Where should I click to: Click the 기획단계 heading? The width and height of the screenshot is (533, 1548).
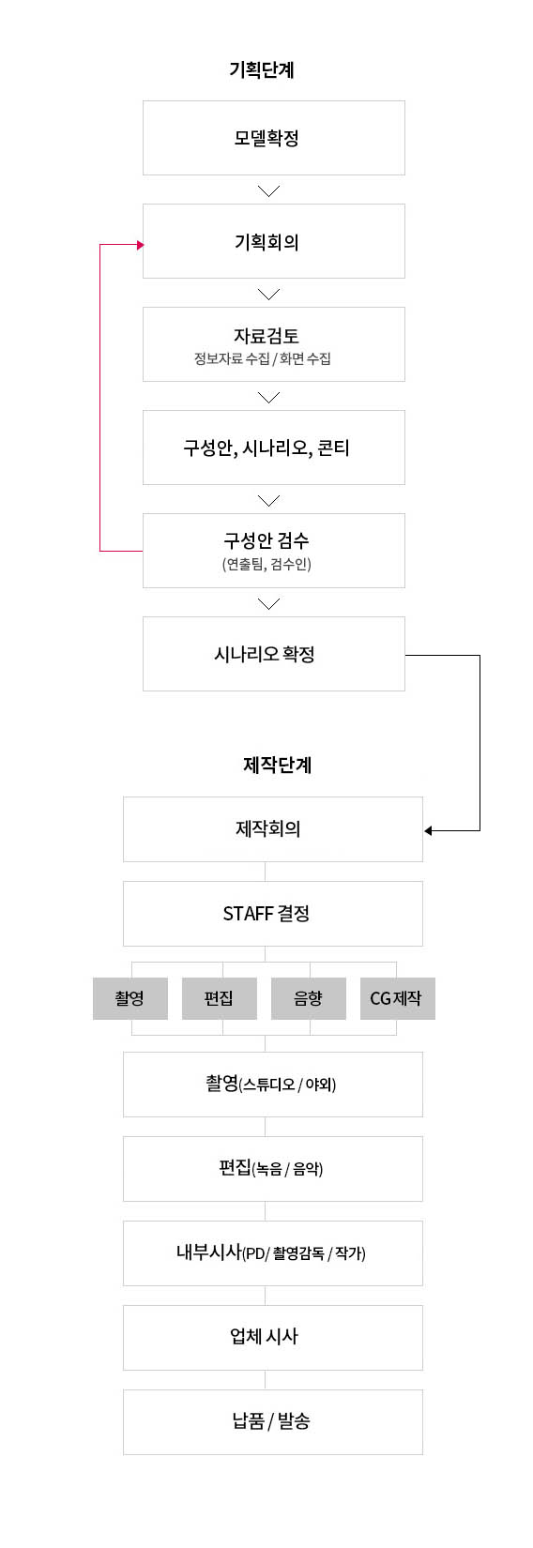pyautogui.click(x=262, y=69)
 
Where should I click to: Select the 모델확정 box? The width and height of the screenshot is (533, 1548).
pyautogui.click(x=274, y=138)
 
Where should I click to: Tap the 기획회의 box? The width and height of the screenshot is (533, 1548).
pyautogui.click(x=274, y=241)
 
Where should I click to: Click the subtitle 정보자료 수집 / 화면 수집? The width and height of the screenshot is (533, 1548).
pyautogui.click(x=262, y=358)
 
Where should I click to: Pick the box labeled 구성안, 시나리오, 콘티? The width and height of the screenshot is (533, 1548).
pyautogui.click(x=274, y=448)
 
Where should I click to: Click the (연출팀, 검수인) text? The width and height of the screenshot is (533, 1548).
pyautogui.click(x=266, y=564)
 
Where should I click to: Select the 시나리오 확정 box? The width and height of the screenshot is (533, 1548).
pyautogui.click(x=274, y=654)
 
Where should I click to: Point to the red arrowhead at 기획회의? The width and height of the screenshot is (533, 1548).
pyautogui.click(x=141, y=245)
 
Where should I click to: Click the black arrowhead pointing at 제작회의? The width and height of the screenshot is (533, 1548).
pyautogui.click(x=428, y=830)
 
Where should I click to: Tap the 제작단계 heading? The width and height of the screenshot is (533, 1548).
pyautogui.click(x=277, y=765)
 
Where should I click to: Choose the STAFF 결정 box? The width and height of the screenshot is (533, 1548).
pyautogui.click(x=273, y=914)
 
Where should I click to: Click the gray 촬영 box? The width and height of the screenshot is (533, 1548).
pyautogui.click(x=130, y=998)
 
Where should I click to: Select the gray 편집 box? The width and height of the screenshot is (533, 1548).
pyautogui.click(x=220, y=998)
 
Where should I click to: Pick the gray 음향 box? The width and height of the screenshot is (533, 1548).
pyautogui.click(x=309, y=998)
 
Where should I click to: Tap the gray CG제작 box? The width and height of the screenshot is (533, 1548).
pyautogui.click(x=398, y=998)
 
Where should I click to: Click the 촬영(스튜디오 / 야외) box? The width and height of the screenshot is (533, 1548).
pyautogui.click(x=273, y=1085)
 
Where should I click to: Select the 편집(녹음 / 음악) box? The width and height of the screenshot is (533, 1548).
pyautogui.click(x=273, y=1169)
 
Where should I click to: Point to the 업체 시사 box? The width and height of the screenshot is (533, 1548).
pyautogui.click(x=273, y=1338)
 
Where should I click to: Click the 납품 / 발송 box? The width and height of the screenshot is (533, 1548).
pyautogui.click(x=273, y=1422)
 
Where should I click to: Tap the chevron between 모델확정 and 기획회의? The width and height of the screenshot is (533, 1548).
pyautogui.click(x=268, y=190)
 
